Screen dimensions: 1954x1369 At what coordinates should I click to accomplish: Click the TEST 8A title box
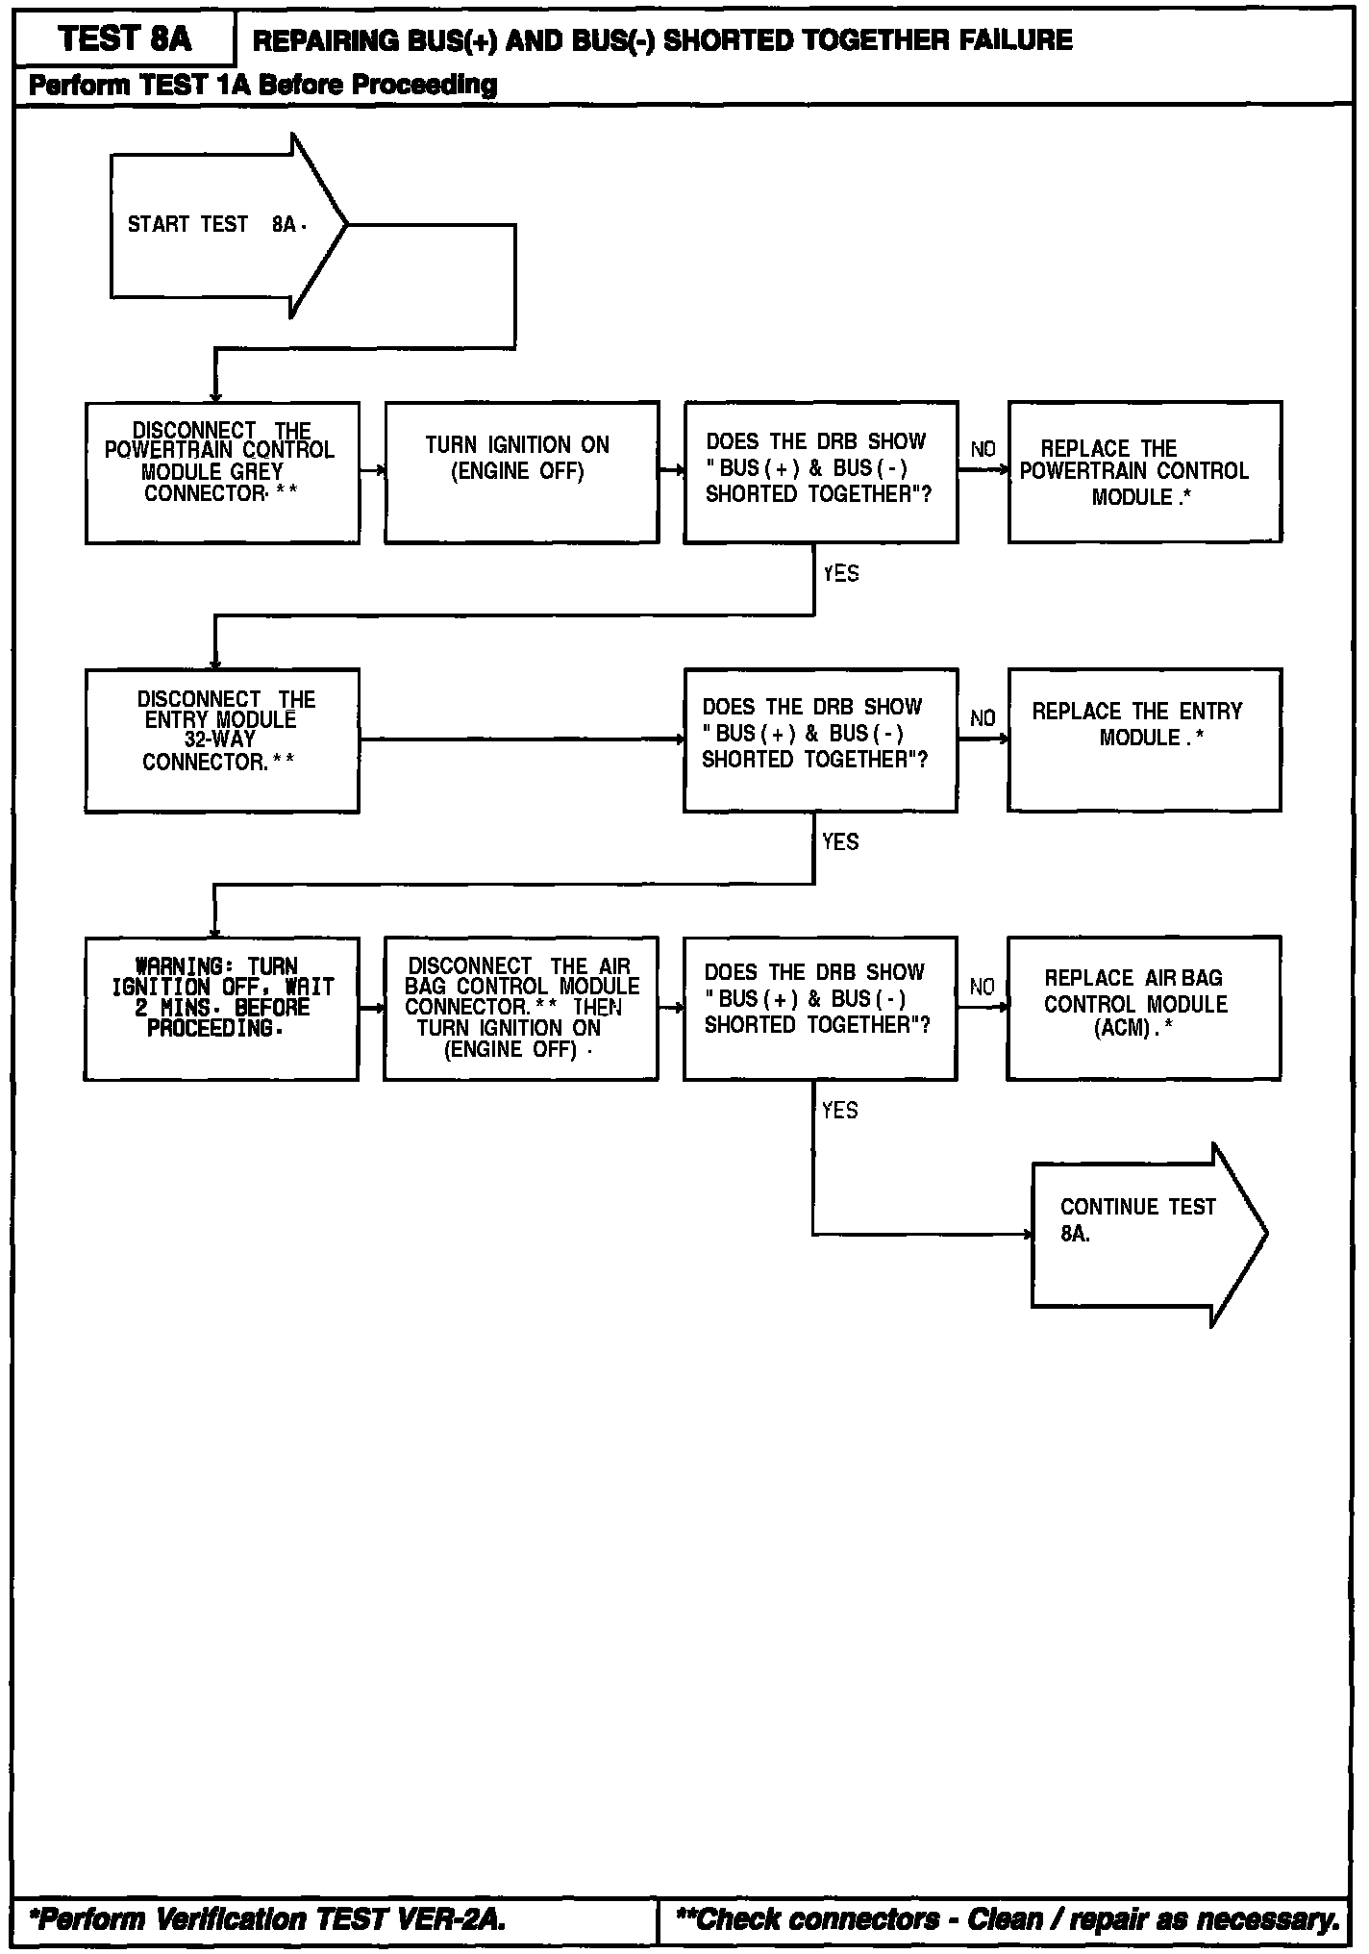click(x=125, y=39)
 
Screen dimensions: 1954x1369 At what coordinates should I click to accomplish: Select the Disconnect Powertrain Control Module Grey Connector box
click(x=222, y=472)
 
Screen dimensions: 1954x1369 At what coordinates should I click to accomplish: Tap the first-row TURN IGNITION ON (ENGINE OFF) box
click(x=522, y=472)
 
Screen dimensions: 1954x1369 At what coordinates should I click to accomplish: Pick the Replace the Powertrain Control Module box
click(x=1144, y=472)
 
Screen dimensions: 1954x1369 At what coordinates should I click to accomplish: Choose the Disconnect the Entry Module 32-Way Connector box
click(x=222, y=739)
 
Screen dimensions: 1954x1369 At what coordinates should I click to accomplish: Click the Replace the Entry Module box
click(x=1144, y=739)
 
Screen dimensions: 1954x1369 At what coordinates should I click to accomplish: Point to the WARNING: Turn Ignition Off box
click(x=222, y=1008)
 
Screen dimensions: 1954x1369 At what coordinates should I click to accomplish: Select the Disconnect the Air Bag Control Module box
click(x=521, y=1008)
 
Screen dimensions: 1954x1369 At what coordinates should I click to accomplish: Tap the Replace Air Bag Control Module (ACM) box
click(x=1143, y=1008)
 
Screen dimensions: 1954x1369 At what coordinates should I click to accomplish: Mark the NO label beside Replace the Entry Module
click(x=983, y=718)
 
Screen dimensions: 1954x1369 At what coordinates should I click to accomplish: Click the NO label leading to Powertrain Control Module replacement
click(x=983, y=450)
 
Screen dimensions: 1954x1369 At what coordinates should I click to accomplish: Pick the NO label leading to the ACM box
click(x=983, y=987)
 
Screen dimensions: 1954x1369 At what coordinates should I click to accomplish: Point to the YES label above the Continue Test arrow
click(x=840, y=1111)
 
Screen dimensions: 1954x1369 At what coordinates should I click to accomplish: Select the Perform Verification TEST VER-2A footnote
click(x=266, y=1919)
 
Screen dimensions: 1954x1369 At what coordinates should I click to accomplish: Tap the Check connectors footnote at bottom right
click(x=1008, y=1919)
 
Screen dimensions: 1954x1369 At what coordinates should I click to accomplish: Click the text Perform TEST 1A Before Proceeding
click(x=262, y=86)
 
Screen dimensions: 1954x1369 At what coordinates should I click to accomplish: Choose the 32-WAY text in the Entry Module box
click(x=220, y=739)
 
